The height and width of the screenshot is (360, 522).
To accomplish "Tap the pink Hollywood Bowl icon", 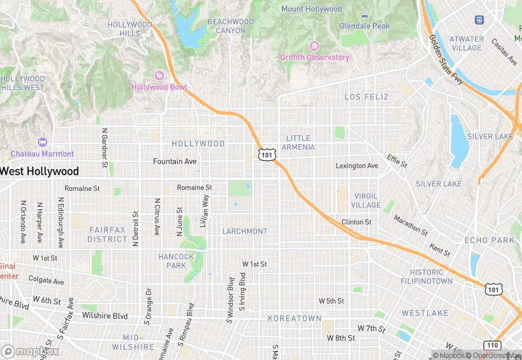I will pos(159,76).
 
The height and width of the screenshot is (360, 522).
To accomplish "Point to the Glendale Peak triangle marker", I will pos(364,15).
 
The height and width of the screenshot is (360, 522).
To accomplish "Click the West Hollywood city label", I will pos(40,171).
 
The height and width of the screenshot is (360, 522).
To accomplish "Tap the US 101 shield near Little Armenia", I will pos(266,155).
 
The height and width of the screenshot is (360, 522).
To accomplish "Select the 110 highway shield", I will pos(492,345).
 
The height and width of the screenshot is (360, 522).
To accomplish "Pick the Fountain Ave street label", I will pos(174,161).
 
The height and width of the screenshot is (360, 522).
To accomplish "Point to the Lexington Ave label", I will pos(356,166).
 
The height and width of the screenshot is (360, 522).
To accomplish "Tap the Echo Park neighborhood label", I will pos(489,240).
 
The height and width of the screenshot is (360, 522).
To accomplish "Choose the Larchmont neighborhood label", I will pos(245,232).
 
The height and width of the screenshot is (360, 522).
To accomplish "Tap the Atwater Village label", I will pos(466,44).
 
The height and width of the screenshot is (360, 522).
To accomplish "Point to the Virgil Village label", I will pos(365,201).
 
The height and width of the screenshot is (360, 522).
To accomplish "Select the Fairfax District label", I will pos(107,234).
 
